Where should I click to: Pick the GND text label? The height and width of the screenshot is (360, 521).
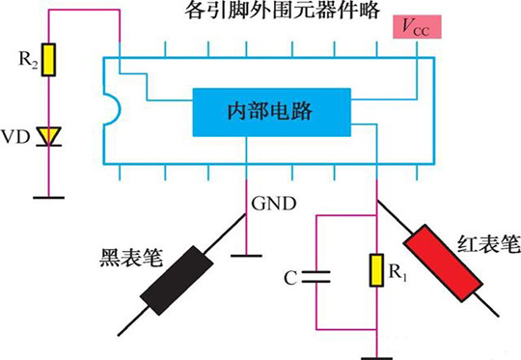[270, 204]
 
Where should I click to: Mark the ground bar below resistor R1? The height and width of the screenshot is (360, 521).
[375, 353]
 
